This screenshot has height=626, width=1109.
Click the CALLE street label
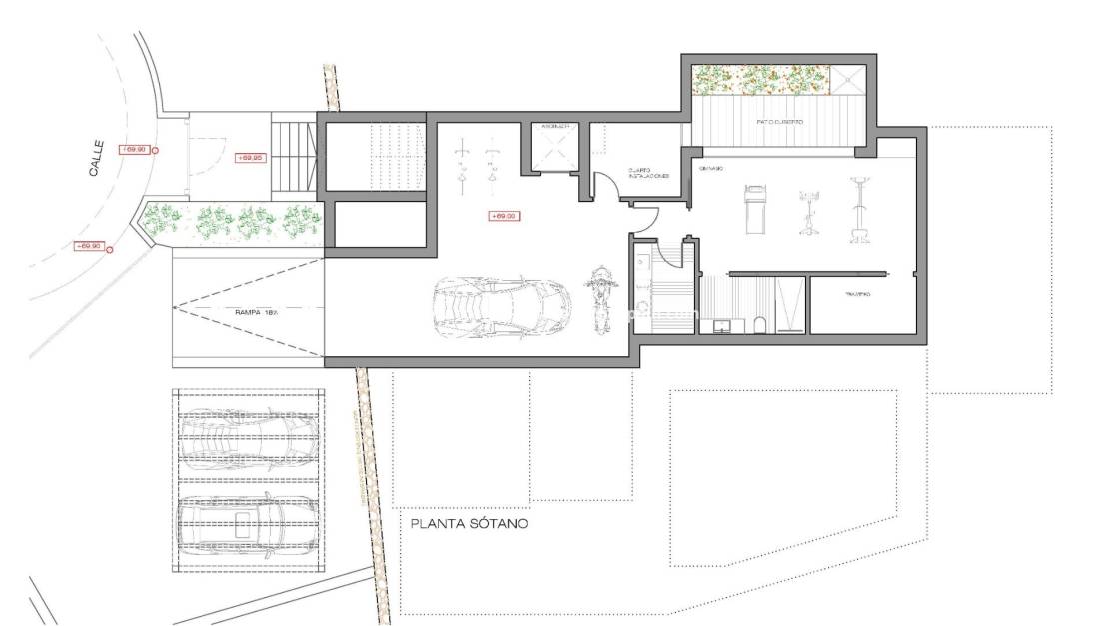96,165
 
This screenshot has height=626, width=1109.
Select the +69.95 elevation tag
249,158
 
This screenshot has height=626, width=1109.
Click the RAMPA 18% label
256,312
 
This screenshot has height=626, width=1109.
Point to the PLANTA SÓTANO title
468,523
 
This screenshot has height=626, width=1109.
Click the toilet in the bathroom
761,323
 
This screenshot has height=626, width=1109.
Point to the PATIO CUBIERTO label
779,122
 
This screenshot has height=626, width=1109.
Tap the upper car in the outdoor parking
249,434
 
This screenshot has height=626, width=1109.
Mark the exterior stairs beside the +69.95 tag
294,156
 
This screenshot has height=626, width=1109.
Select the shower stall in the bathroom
789,305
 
